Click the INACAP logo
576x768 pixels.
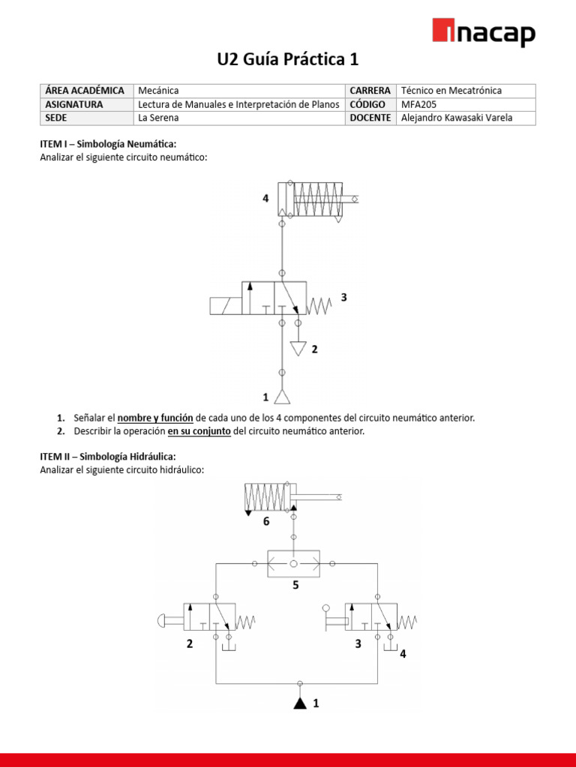click(x=484, y=34)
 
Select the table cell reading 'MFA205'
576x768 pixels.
click(x=418, y=104)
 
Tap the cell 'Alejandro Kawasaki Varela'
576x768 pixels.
click(x=457, y=118)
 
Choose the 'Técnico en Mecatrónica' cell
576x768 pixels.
click(x=451, y=91)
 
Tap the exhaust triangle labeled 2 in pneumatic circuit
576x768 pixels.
click(x=298, y=349)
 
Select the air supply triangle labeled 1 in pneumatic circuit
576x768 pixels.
click(x=281, y=396)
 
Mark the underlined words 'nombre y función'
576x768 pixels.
click(x=155, y=418)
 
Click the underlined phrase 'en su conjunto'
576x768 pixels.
click(x=199, y=431)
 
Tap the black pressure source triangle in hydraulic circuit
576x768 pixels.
click(x=299, y=703)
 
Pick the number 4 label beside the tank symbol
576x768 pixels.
click(x=403, y=654)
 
